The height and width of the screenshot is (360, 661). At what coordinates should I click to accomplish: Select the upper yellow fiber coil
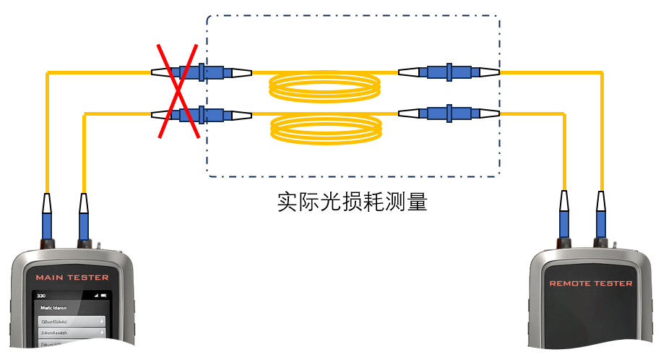pos(325,87)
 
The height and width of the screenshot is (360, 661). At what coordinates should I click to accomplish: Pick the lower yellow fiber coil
pos(325,130)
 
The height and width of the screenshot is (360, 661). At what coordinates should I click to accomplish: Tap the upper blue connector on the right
pos(449,72)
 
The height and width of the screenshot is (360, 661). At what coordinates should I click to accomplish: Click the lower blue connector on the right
pos(449,113)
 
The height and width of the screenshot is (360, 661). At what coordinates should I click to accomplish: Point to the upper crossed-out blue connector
pos(202,72)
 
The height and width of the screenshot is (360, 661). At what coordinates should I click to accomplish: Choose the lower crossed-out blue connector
pos(202,114)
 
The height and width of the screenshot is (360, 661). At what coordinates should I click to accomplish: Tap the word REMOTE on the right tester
pos(571,283)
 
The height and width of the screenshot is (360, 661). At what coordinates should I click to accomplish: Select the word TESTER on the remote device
pos(615,283)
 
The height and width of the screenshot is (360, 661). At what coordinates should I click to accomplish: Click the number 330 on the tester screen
pos(41,296)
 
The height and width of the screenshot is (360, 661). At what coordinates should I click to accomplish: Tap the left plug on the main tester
pos(47,217)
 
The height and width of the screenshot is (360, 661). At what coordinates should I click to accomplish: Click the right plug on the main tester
pos(85,217)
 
